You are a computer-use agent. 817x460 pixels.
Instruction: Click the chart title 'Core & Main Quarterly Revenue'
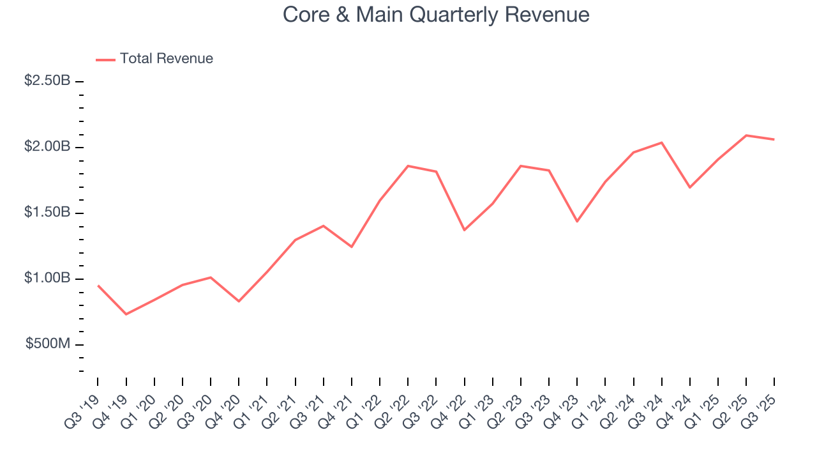click(436, 14)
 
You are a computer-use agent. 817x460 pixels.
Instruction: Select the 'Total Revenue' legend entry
click(166, 59)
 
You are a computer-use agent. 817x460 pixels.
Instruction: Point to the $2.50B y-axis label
click(48, 81)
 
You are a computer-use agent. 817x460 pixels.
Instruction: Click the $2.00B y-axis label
click(48, 147)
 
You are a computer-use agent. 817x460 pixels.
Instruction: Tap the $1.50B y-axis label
click(48, 213)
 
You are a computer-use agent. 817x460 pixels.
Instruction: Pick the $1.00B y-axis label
click(48, 279)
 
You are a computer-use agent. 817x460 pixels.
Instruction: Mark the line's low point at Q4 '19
click(126, 314)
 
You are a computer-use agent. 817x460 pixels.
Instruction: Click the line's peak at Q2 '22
click(408, 166)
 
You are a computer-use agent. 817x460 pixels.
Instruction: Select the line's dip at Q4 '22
click(464, 230)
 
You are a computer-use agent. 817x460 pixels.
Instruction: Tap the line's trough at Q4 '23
click(577, 222)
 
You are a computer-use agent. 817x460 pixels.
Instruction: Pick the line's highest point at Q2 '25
click(746, 135)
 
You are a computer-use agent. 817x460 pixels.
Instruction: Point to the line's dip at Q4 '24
click(690, 187)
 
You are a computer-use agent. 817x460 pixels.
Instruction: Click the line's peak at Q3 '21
click(324, 226)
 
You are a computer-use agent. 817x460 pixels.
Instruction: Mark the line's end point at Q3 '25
click(774, 139)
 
